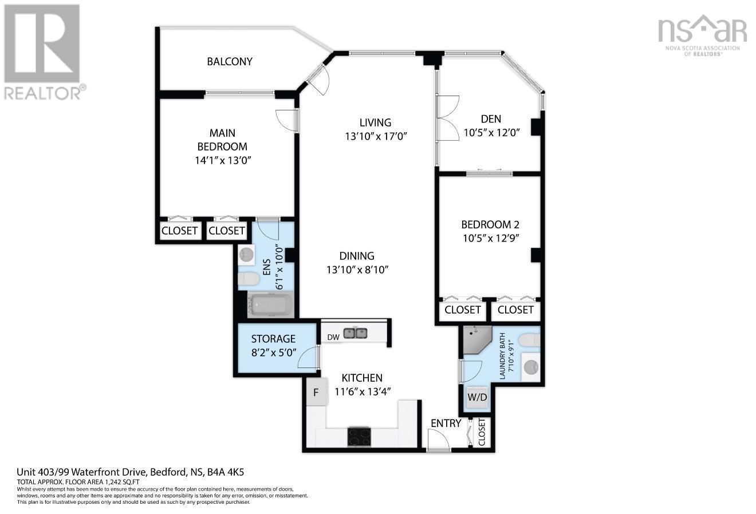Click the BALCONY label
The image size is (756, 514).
click(x=230, y=61)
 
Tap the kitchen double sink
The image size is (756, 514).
click(x=356, y=333)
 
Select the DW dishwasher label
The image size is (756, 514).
click(x=333, y=337)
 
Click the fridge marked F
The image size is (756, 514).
click(x=315, y=393)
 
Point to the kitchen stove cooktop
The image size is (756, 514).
click(x=360, y=437)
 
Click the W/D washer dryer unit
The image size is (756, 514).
click(x=477, y=397)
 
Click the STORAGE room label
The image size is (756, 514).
click(x=273, y=339)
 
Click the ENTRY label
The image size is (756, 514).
click(x=446, y=423)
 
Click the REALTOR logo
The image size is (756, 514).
click(x=42, y=52)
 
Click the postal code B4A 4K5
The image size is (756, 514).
click(x=233, y=472)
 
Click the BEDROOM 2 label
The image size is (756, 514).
click(x=490, y=224)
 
